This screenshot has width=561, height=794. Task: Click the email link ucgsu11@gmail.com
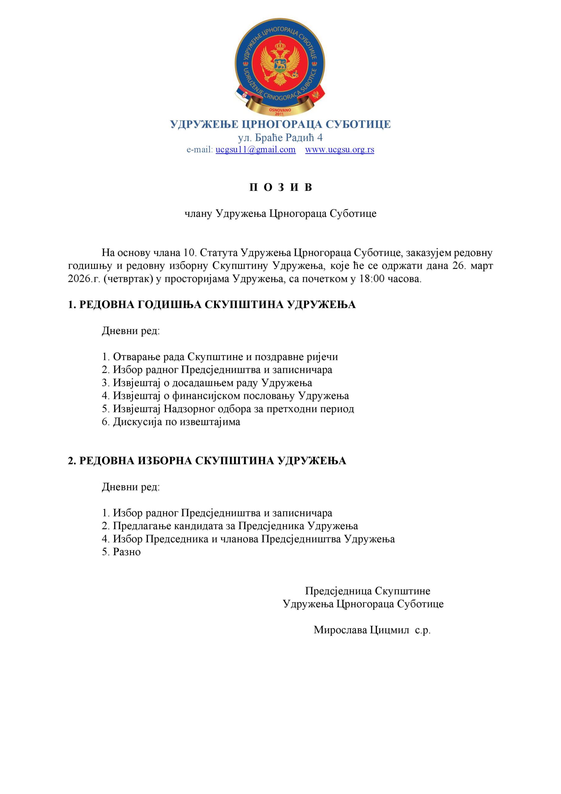point(255,149)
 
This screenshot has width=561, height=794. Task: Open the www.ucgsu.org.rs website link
point(340,149)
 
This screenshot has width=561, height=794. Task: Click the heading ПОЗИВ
point(281,187)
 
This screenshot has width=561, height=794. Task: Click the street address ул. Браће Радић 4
point(280,138)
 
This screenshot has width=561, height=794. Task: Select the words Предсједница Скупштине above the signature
point(368,591)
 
